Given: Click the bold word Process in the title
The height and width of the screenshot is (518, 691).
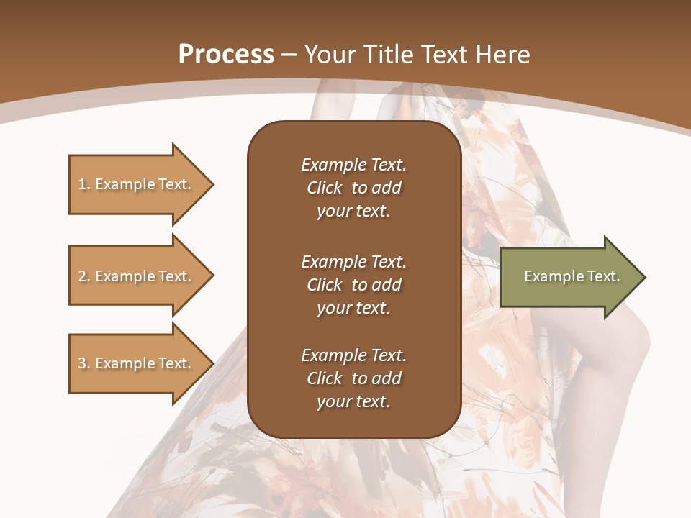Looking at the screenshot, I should click(226, 55).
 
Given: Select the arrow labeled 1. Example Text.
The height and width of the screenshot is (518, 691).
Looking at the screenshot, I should click(137, 184).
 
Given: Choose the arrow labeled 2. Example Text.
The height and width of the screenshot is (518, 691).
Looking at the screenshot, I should click(137, 276).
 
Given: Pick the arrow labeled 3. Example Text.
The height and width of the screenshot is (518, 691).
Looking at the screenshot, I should click(137, 363).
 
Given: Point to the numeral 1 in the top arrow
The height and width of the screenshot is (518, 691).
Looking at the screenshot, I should click(82, 184).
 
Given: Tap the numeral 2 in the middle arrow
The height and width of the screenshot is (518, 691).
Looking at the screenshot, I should click(82, 276).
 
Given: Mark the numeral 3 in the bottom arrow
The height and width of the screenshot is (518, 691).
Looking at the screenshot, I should click(82, 363).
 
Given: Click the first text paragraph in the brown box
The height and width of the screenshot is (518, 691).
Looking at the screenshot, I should click(353, 188).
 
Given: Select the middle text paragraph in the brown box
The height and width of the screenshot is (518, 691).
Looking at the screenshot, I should click(353, 285).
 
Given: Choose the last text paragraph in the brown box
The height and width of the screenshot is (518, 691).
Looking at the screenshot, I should click(353, 378).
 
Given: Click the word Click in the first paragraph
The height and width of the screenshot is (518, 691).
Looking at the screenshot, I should click(324, 188).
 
